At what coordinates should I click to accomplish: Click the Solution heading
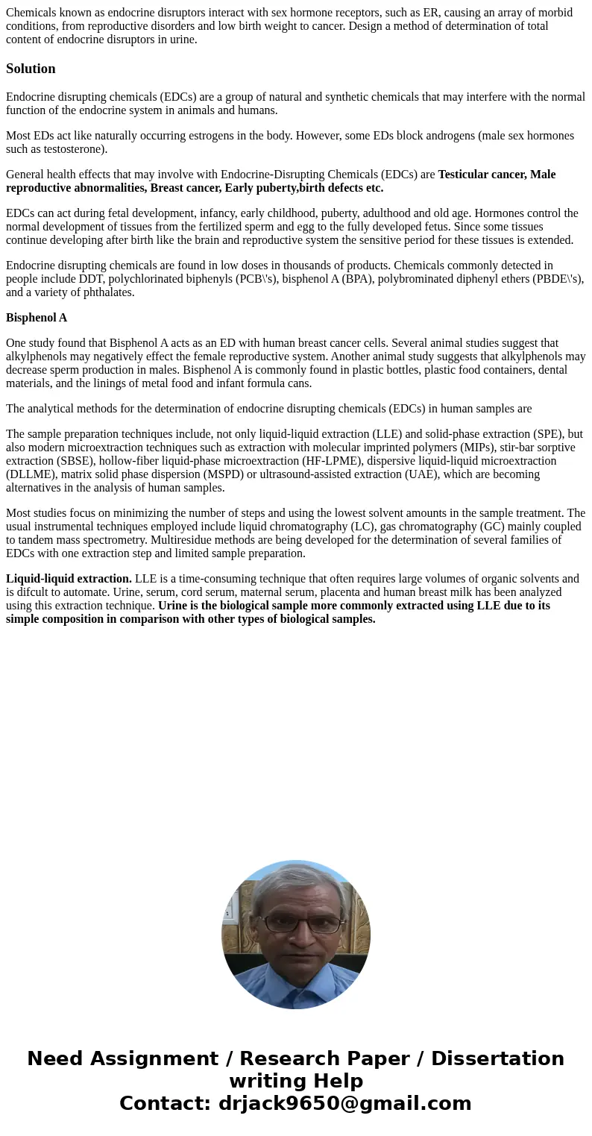[x=31, y=69]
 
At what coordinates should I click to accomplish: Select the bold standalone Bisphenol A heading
[x=37, y=318]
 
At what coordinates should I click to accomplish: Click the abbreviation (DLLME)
[x=31, y=474]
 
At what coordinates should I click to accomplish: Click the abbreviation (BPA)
[x=349, y=279]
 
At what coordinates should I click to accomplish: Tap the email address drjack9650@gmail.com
[x=344, y=1104]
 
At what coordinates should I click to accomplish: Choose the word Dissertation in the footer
[x=497, y=1059]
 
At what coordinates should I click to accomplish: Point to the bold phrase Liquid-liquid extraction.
[x=69, y=579]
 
